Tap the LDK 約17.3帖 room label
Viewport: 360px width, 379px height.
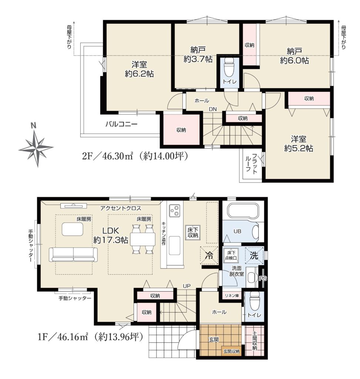111,235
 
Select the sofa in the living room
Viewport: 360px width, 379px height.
74,255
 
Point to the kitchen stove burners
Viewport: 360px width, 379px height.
174,210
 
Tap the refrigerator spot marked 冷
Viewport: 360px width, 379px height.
209,255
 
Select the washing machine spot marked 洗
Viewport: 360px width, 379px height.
254,255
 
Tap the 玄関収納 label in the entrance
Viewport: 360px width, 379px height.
231,351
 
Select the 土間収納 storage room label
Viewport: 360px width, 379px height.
255,341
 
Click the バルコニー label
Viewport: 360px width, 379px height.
121,124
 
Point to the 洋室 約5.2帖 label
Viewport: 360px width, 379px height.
299,144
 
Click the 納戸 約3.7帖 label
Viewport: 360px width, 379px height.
198,55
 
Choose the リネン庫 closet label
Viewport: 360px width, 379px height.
232,296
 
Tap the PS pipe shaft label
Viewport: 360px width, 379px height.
263,278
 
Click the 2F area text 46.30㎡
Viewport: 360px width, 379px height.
118,157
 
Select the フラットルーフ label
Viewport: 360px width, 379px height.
251,164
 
